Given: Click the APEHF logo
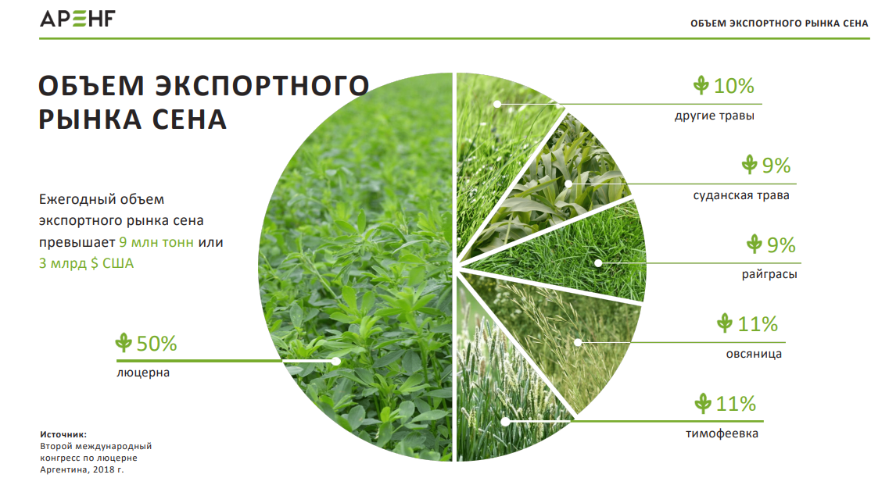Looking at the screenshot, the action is tap(77, 18).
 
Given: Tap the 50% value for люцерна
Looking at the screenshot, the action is tap(156, 344).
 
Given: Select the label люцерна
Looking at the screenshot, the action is tap(143, 373).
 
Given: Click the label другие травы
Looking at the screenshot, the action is tap(715, 116).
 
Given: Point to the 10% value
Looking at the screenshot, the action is tap(734, 86).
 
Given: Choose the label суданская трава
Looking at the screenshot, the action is tap(741, 195).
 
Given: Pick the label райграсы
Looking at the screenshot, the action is tap(769, 274).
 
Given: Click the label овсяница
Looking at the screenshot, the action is tap(754, 354).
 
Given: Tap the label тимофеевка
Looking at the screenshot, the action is tap(722, 433).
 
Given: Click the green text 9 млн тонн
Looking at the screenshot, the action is tap(156, 243).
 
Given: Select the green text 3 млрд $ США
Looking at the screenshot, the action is tap(86, 263).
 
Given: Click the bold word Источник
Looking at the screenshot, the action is tap(63, 434).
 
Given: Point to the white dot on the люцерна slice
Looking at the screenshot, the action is tap(336, 361).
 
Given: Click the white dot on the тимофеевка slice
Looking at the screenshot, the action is tap(505, 422).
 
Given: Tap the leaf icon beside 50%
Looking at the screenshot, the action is tap(124, 343).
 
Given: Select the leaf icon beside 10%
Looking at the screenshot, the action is tap(701, 85).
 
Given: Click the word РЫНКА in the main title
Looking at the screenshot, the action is tap(90, 120).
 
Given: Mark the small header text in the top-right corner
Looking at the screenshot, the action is tap(779, 23).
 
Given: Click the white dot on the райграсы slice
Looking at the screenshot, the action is tap(598, 263).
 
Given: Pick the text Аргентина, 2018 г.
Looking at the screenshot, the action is tap(81, 469).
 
